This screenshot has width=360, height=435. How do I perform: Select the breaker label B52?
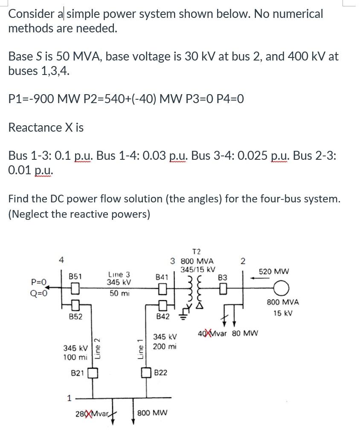pos(75,317)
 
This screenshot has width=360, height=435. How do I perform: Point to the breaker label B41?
pos(162,277)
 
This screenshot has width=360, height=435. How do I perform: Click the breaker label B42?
pos(163,317)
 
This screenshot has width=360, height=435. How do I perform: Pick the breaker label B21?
pos(77,373)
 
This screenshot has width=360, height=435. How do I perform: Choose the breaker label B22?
pos(160,373)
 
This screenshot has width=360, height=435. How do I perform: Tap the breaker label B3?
pos(223,278)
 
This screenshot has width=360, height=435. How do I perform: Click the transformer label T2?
pos(197,251)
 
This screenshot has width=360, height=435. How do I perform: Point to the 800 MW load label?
pos(152,413)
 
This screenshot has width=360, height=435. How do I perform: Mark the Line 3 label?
pos(119,274)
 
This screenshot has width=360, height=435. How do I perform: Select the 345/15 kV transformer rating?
pos(198,270)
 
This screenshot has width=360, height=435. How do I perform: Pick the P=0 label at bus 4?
pos(39,282)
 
